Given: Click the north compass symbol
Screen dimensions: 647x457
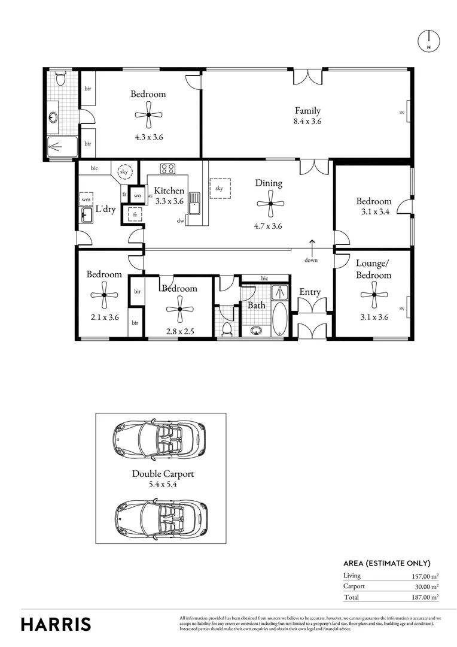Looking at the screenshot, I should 428,40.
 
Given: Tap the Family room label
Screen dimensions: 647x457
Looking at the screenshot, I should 307,110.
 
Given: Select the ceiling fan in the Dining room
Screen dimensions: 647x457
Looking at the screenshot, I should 270,204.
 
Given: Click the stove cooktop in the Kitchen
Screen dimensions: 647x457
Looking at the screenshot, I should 166,169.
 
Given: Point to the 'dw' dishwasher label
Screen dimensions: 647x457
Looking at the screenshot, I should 180,220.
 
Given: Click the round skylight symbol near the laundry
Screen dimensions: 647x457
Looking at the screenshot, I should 124,171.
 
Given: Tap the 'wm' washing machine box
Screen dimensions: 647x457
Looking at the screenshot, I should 86,199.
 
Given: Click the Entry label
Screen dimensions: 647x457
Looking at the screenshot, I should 310,292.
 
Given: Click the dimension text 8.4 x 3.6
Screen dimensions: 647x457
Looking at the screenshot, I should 307,122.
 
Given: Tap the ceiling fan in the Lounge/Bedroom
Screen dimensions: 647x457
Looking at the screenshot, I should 374,295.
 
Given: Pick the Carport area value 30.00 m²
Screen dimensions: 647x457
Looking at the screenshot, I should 423,586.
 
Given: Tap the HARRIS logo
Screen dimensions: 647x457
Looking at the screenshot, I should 56,624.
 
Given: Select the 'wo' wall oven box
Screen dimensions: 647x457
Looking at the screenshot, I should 137,195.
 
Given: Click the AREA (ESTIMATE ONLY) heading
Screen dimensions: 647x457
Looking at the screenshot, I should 386,563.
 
